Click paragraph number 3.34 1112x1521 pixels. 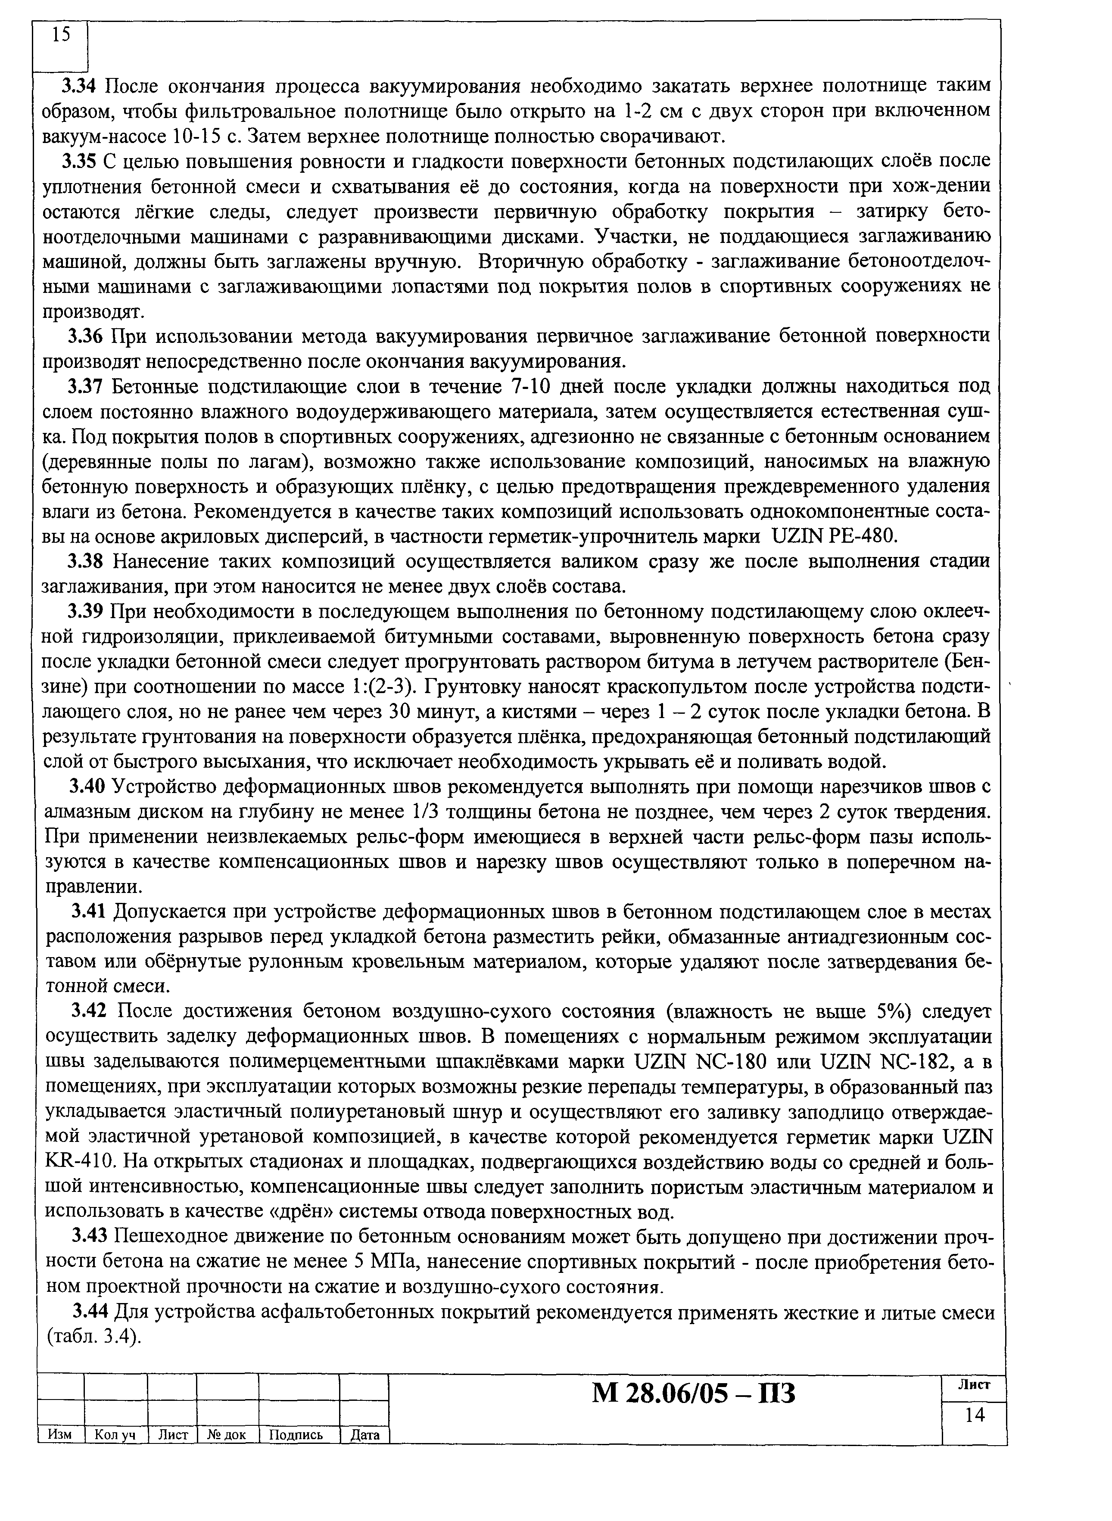[81, 86]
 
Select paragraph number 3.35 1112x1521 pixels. [81, 162]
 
